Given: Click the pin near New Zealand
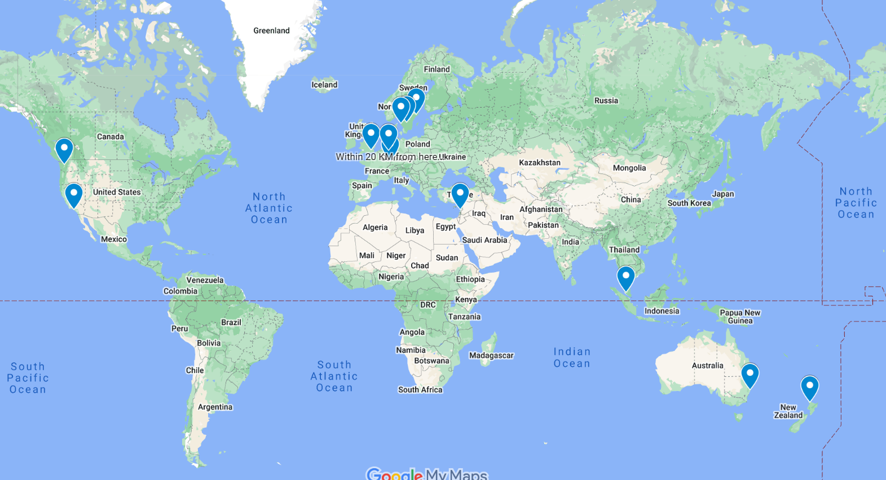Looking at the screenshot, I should click(x=809, y=387).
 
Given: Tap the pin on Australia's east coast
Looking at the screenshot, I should click(x=750, y=375).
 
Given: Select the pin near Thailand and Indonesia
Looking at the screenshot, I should click(x=625, y=277).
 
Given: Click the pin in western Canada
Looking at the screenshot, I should click(x=64, y=149).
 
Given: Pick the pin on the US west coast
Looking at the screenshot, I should click(x=73, y=194).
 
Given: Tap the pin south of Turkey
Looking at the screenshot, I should click(x=460, y=194).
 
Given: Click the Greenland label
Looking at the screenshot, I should click(x=271, y=30).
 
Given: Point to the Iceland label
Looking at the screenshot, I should click(x=324, y=85).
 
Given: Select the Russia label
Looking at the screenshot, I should click(x=606, y=100).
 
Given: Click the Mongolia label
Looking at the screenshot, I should click(x=629, y=168).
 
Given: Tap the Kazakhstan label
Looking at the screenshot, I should click(x=540, y=162).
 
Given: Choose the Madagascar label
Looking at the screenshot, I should click(x=491, y=355).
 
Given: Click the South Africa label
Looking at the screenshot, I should click(x=420, y=389).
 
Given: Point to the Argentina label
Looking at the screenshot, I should click(x=215, y=407).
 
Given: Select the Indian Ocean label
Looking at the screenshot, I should click(x=572, y=358).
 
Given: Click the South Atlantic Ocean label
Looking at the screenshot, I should click(x=334, y=376).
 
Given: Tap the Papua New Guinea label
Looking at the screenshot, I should click(x=740, y=317).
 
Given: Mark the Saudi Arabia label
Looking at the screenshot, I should click(x=484, y=240).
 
